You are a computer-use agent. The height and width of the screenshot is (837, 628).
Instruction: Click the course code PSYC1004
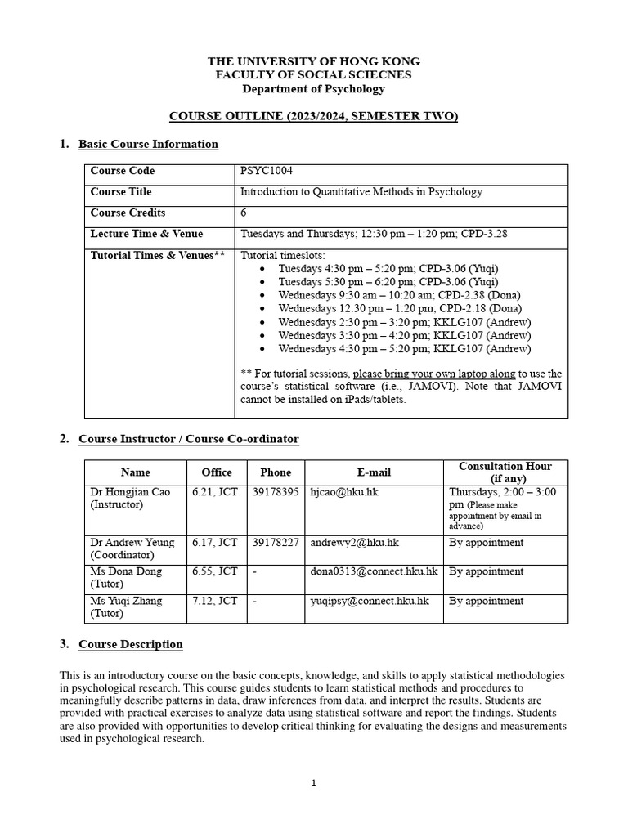point(266,171)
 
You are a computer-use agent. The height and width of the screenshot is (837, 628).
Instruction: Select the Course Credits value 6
point(244,213)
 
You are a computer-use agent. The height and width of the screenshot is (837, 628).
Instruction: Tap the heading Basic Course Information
point(148,145)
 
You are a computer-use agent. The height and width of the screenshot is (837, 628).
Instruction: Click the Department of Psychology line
point(314,88)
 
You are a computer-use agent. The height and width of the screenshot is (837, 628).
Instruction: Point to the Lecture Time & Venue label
point(146,234)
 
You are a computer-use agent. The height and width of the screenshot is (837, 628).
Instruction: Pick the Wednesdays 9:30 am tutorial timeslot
point(399,295)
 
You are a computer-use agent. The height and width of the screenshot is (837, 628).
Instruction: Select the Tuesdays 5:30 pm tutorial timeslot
point(388,282)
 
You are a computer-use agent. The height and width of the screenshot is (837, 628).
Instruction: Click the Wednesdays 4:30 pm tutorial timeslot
point(404,349)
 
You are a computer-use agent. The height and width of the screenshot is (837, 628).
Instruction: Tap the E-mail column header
point(374,472)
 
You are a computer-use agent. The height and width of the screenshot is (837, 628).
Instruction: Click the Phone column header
point(276,472)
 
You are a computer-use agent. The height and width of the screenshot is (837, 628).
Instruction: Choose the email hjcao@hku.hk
point(344,492)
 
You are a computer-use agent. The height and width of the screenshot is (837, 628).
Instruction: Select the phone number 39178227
point(276,543)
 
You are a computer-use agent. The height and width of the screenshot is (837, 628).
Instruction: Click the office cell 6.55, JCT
point(214,571)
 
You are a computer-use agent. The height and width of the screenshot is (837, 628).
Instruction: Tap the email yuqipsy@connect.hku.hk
point(370,601)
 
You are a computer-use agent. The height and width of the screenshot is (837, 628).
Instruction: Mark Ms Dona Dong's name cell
point(126,577)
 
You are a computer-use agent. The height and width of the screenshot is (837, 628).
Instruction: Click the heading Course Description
point(130,644)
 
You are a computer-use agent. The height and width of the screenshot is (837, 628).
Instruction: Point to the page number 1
point(314,783)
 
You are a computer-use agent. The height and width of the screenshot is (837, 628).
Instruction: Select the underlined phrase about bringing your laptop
point(434,374)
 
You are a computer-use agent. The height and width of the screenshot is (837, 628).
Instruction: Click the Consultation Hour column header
point(505,472)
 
